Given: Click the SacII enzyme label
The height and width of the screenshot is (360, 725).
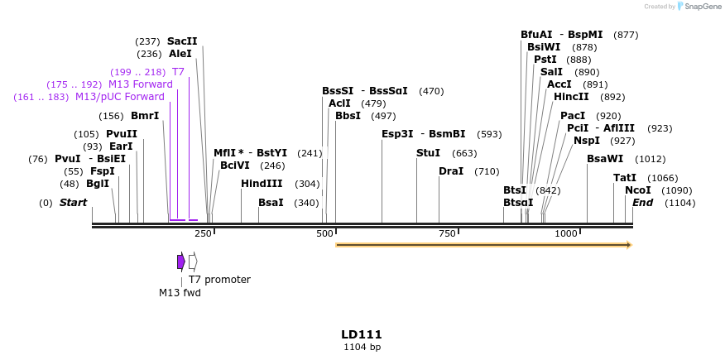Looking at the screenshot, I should point(182,41).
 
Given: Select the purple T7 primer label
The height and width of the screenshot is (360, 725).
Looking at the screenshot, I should point(178,72).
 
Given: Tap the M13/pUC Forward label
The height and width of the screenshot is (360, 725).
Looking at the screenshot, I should point(120,97).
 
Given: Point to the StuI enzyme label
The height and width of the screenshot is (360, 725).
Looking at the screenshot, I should point(428,153).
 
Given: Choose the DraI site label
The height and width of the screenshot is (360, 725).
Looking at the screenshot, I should point(451,171).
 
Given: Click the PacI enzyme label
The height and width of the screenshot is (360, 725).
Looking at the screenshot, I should point(573,116).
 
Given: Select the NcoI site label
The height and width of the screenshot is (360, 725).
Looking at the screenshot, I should point(639,190).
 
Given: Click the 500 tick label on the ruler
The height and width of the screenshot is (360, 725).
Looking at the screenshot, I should point(325,234).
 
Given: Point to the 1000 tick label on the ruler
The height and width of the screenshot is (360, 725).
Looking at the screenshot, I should point(566,234).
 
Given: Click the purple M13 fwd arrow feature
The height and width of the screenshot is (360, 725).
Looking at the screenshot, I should point(181,262).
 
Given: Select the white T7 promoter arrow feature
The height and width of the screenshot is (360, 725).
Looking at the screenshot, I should point(193,262).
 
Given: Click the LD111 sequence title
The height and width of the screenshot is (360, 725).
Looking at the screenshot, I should point(362,334).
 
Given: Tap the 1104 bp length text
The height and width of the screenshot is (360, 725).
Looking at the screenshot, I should point(362,348).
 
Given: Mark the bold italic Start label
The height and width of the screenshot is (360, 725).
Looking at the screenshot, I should point(73,203).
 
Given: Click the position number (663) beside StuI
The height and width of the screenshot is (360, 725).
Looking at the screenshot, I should point(464,153).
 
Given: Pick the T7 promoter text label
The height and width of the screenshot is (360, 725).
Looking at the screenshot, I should point(219,280).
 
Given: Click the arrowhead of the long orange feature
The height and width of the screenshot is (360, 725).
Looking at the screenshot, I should point(629,245).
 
